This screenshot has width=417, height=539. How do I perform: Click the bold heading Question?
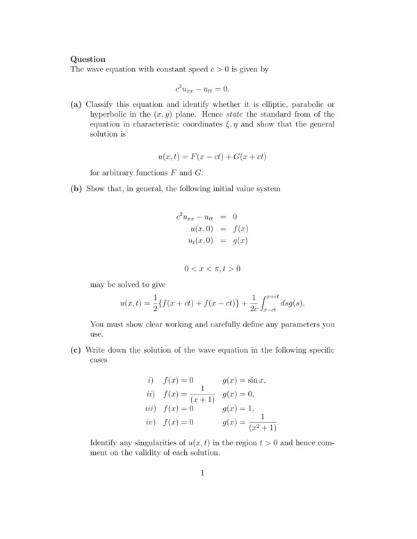(88, 59)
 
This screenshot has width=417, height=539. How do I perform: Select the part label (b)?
(76, 188)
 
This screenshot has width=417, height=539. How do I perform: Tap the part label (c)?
(76, 349)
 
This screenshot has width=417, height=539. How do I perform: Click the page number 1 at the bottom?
(202, 474)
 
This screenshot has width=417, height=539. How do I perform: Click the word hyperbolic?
(110, 115)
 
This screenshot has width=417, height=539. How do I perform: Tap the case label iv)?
(149, 422)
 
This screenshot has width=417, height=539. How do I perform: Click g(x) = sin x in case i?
(244, 381)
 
